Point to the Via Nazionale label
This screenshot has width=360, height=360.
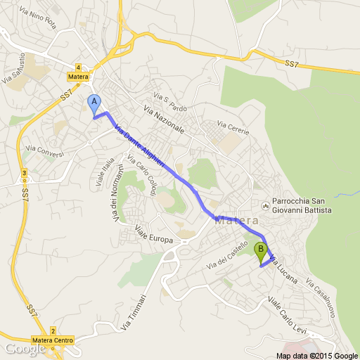coord(163,120)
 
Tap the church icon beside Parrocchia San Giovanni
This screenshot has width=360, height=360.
coord(265,206)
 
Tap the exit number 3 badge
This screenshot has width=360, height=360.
coord(25,173)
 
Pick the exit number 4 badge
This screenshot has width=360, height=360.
coord(79,65)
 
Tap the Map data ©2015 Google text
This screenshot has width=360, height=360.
coord(316,355)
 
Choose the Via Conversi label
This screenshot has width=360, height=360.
coord(44,150)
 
